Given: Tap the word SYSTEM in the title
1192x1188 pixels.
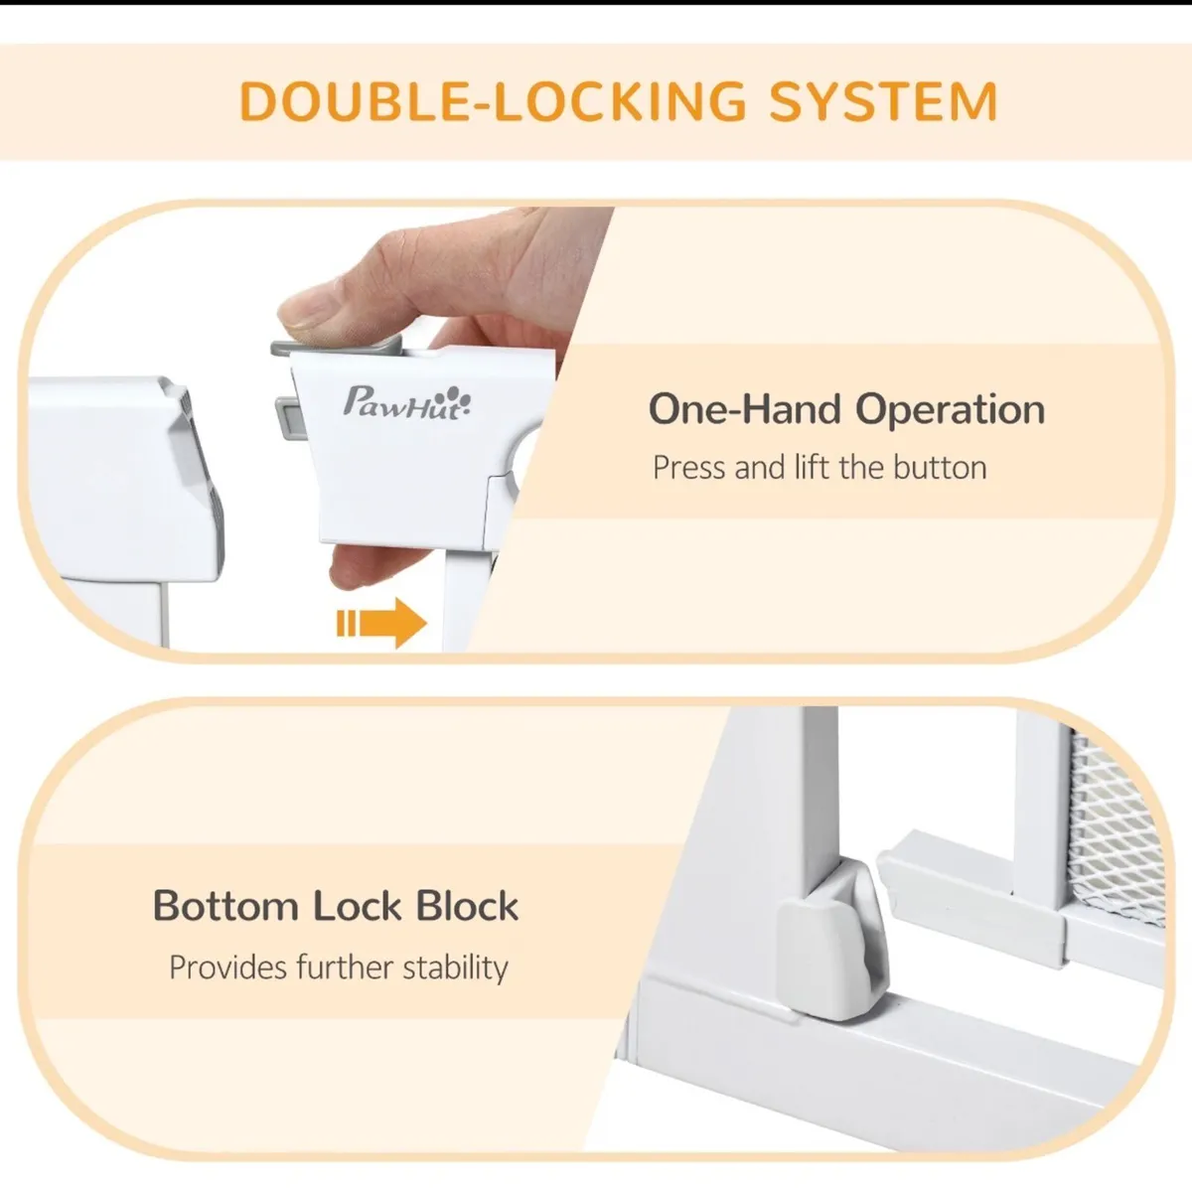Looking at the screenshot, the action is coord(884,101).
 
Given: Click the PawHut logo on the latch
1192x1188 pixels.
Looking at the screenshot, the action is coord(406,402).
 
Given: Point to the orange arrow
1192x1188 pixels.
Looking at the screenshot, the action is coord(381,623).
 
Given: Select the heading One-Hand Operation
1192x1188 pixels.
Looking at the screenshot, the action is coord(846,409).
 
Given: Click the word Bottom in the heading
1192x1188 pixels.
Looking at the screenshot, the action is coord(225,906).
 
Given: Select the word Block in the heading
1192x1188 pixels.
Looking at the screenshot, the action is coord(467,906).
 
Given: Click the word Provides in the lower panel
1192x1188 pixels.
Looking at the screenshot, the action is coord(227,967).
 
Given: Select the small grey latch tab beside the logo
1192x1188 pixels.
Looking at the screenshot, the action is coord(286,418).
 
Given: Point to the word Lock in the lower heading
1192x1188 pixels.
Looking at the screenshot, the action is coord(357,906).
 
